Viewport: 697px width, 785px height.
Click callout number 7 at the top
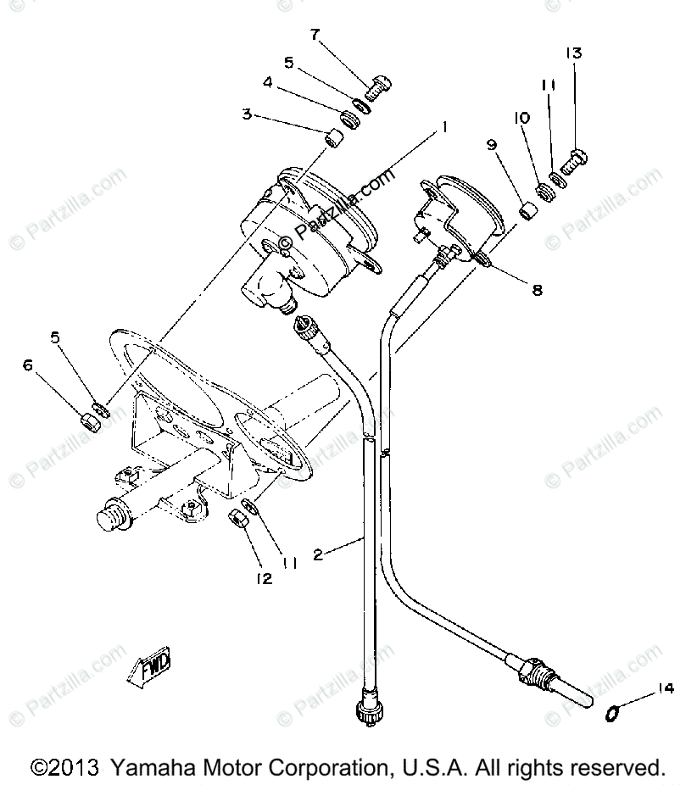[315, 35]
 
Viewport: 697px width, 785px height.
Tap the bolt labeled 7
[378, 86]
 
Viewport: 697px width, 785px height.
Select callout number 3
[247, 114]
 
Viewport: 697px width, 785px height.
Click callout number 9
[490, 144]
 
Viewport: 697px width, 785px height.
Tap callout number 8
[537, 289]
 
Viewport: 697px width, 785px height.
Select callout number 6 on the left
[28, 365]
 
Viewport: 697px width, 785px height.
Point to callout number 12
[265, 579]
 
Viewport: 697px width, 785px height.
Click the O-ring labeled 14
[611, 714]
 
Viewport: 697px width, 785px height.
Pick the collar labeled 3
[336, 136]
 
